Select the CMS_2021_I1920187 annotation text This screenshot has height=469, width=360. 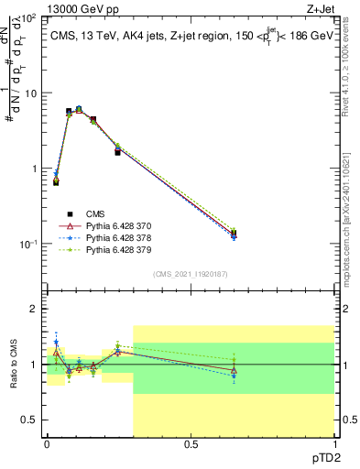point(190,274)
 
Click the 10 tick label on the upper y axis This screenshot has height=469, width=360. point(30,93)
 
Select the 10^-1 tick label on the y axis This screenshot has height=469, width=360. point(27,244)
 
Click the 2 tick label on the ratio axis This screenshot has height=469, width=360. point(34,310)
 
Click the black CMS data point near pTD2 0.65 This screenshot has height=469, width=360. point(234,233)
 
